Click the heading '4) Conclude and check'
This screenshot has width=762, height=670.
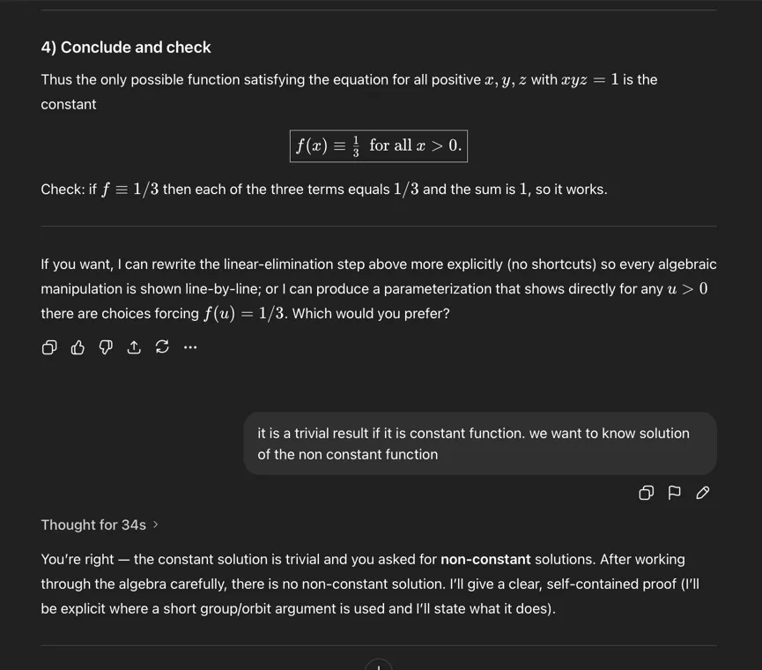(x=126, y=48)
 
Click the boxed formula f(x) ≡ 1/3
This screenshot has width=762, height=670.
(x=378, y=145)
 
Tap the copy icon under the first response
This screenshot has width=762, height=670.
(x=49, y=347)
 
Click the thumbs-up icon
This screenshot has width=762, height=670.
(x=78, y=347)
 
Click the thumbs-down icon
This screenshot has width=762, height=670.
(x=106, y=347)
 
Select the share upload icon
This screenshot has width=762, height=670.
(x=134, y=347)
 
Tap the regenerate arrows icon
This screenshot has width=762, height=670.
(x=162, y=347)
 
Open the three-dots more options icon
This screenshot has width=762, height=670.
(x=190, y=347)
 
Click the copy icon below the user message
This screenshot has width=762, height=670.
(x=646, y=493)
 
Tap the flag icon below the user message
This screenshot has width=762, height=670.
(x=674, y=493)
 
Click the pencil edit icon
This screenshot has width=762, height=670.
(x=702, y=493)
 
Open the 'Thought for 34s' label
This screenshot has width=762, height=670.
(x=93, y=525)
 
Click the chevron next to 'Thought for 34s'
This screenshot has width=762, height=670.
(x=156, y=525)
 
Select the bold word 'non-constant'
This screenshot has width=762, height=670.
(x=485, y=559)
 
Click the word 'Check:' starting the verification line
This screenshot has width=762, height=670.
(x=62, y=190)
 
